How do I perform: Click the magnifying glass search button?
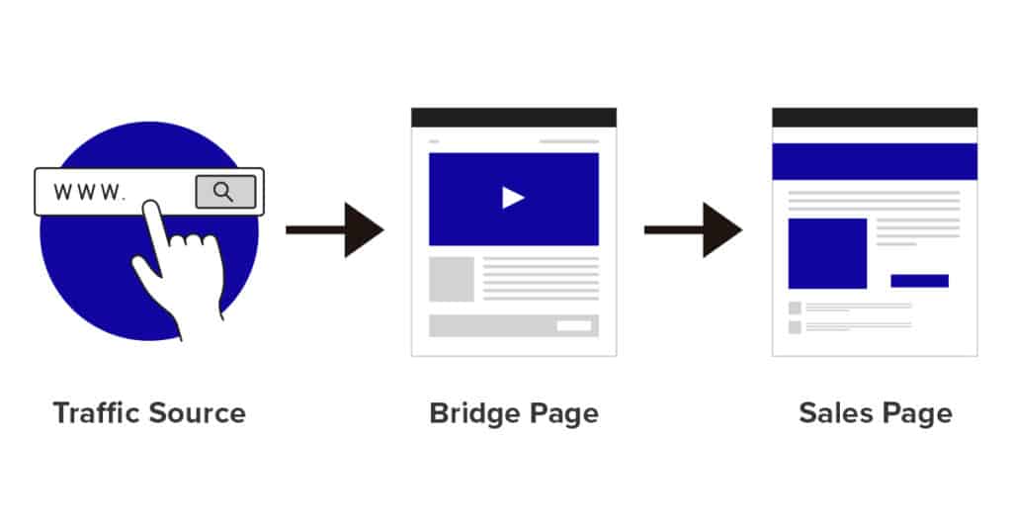224,192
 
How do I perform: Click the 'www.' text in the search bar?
90,192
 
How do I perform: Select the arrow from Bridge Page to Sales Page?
692,229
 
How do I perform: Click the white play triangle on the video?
513,198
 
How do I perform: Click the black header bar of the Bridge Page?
513,118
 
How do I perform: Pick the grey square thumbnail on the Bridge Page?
451,279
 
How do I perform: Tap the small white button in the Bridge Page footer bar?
573,325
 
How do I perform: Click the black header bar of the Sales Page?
874,118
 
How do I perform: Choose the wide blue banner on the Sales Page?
874,161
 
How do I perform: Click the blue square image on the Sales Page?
827,253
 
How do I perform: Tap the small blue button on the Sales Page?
919,281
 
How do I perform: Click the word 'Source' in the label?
197,412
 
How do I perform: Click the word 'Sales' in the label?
832,412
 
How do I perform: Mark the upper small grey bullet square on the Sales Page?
795,308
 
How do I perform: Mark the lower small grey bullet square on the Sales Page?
795,326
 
